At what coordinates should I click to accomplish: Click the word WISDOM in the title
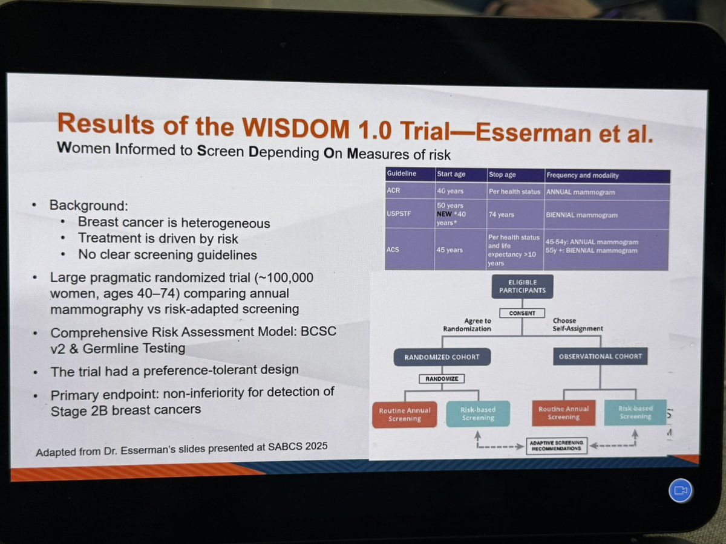[295, 128]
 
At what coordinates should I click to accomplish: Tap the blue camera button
[680, 490]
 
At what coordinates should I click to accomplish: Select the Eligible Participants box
[522, 287]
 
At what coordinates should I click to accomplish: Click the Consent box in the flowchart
[522, 313]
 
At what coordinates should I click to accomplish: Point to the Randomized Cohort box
[442, 357]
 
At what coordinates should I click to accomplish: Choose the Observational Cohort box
[600, 356]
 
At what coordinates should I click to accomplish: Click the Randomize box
[442, 378]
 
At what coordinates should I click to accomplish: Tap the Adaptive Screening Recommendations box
[557, 445]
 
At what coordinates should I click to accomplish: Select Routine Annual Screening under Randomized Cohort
[405, 415]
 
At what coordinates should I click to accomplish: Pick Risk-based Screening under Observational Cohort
[635, 413]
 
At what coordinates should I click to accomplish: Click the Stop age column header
[502, 175]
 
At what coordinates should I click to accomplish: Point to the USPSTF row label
[399, 214]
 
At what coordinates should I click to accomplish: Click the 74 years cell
[501, 215]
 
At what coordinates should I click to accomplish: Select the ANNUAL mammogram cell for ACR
[580, 192]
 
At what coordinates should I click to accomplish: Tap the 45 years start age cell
[449, 250]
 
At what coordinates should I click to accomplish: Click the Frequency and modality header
[583, 175]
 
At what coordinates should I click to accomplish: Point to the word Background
[87, 206]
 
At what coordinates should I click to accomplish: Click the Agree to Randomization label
[467, 325]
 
